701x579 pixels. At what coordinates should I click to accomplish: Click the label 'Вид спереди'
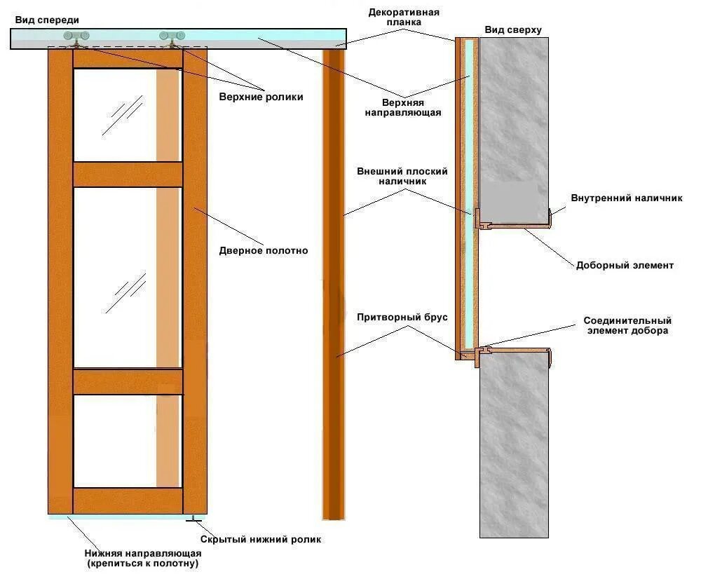point(47,20)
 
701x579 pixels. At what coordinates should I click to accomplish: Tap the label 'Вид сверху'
point(513,30)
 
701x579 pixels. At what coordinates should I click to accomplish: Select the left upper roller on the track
point(76,38)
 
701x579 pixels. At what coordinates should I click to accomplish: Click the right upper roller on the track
point(172,38)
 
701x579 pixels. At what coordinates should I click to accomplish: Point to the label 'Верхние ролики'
point(261,97)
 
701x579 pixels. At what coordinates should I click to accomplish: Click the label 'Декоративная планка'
point(404,17)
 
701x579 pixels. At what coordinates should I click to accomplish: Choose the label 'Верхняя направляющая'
point(403,108)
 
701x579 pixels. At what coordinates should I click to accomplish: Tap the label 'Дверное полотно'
point(264,251)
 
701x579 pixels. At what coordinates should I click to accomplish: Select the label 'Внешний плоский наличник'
point(402,176)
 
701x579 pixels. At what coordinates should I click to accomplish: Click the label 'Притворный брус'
point(402,318)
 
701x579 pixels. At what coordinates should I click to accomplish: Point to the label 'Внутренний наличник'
point(627,198)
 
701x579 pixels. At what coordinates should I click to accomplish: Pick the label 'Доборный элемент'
point(625,266)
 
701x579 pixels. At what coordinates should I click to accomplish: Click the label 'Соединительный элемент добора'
point(627,325)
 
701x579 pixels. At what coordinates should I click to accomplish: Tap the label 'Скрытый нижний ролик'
point(261,540)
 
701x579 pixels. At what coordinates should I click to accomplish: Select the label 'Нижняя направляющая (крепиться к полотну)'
point(143,559)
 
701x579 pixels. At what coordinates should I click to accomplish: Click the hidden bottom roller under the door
point(193,519)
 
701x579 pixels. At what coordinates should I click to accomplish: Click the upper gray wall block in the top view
point(514,130)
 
